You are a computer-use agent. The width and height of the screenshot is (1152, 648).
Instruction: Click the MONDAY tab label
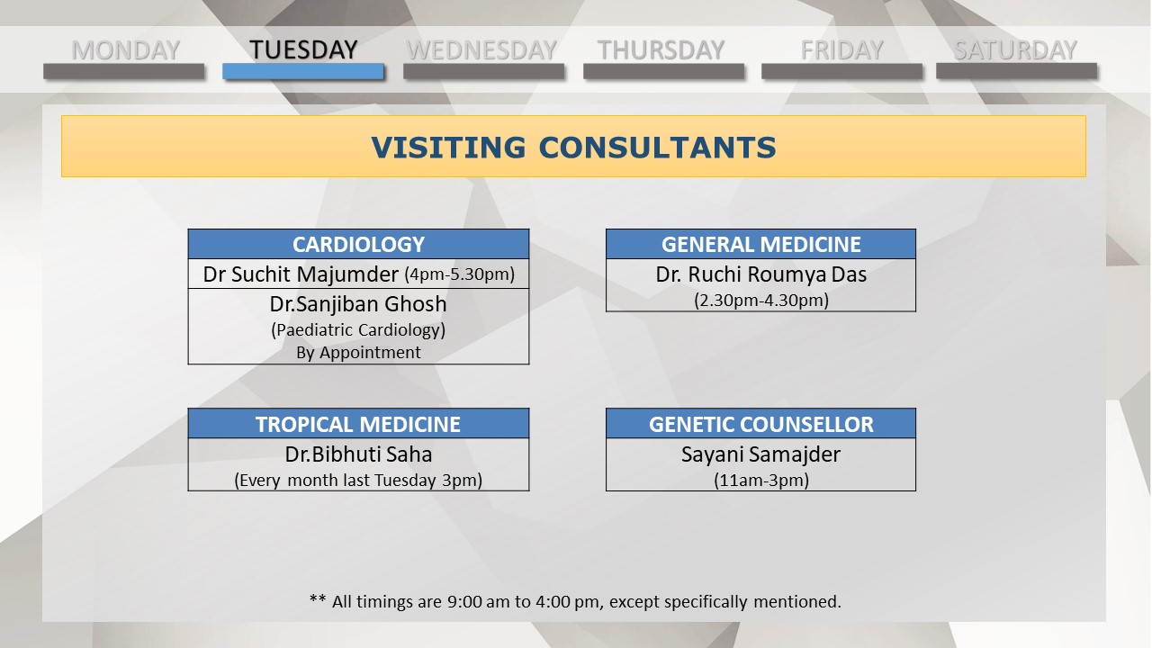click(x=125, y=49)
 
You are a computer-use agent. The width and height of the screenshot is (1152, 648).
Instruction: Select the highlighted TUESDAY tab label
click(x=303, y=49)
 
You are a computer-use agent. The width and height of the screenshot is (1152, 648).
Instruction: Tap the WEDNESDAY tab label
click(x=481, y=49)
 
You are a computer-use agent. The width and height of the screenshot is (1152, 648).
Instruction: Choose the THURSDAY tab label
click(x=661, y=49)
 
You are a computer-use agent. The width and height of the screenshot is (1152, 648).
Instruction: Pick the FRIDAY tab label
click(x=841, y=49)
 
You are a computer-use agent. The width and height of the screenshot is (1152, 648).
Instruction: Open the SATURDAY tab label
click(x=1016, y=49)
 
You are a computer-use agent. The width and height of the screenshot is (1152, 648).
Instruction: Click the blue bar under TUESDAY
click(x=303, y=71)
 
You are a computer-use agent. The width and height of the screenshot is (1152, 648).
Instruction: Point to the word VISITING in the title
click(x=448, y=148)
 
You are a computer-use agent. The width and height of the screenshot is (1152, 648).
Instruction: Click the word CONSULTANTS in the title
click(x=658, y=148)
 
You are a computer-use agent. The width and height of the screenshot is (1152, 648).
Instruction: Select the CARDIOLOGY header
click(x=358, y=244)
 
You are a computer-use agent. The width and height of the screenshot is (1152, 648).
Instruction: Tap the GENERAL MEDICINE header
click(x=761, y=244)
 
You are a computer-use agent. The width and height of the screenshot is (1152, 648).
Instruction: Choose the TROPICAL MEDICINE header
click(x=358, y=424)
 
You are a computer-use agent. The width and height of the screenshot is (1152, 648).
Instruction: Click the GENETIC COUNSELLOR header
click(x=761, y=424)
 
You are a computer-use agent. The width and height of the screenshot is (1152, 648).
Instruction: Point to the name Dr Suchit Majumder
click(x=301, y=274)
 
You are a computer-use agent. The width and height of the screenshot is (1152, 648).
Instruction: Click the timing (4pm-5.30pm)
click(x=460, y=274)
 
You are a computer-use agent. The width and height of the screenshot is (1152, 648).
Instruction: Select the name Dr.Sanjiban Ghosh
click(x=358, y=304)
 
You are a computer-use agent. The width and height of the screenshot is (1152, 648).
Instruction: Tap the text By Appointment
click(x=358, y=353)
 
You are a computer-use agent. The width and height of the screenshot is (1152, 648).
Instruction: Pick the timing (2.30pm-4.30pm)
click(x=761, y=300)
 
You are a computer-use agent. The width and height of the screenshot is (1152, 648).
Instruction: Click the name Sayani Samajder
click(x=761, y=454)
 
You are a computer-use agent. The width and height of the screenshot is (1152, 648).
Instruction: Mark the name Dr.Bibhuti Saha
click(x=358, y=454)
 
